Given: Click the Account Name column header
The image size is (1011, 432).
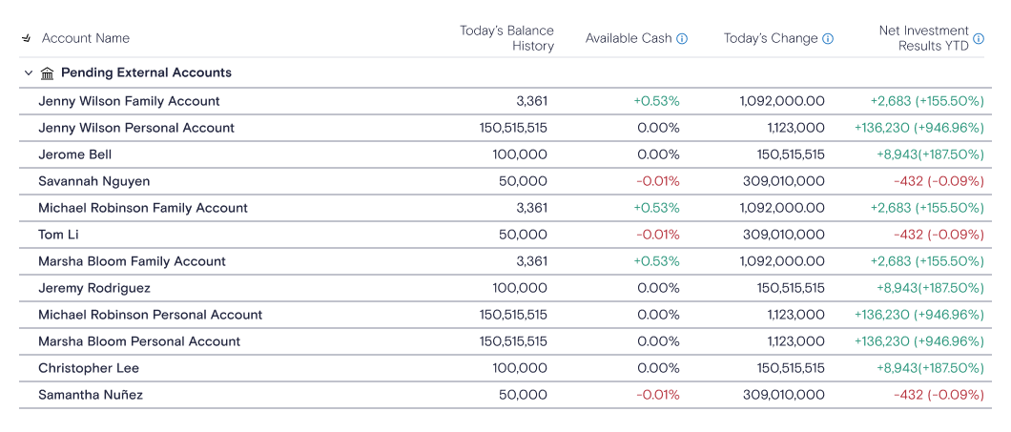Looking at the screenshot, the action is pos(86,39).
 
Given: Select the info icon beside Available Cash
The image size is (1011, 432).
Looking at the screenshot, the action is pos(682,39).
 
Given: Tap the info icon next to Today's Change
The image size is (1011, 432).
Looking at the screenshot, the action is pos(828,39).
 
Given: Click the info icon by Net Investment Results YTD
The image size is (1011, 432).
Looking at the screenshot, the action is pos(979,39).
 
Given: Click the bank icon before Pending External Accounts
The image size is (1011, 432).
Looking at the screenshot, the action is pos(47,73).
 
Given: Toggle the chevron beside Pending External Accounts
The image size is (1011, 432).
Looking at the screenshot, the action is pos(29,72).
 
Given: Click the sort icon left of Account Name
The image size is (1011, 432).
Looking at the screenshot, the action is pos(27,39).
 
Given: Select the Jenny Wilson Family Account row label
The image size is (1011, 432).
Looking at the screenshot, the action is pos(129,101).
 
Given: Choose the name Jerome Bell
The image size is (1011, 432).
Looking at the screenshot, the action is pos(74,154).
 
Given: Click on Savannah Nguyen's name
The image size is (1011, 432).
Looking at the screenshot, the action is pos(94,181).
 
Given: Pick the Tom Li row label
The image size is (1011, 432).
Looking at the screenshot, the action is pos(59,235).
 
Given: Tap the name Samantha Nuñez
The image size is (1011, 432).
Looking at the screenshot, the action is pos(91,395).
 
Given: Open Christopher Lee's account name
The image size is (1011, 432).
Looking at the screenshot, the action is pos(89,368).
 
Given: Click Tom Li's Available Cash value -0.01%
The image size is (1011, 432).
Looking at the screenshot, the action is pos(658,235).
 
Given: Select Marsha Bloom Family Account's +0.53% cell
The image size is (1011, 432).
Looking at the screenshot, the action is pos(656,261).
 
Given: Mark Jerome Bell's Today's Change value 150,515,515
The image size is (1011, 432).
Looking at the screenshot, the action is pos(791,154).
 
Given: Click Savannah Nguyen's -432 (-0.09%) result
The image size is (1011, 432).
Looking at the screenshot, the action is pos(939,181).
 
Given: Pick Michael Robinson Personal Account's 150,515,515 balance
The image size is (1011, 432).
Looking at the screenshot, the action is pos(513,315).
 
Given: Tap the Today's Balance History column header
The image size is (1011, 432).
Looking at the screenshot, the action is pos(506,39).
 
